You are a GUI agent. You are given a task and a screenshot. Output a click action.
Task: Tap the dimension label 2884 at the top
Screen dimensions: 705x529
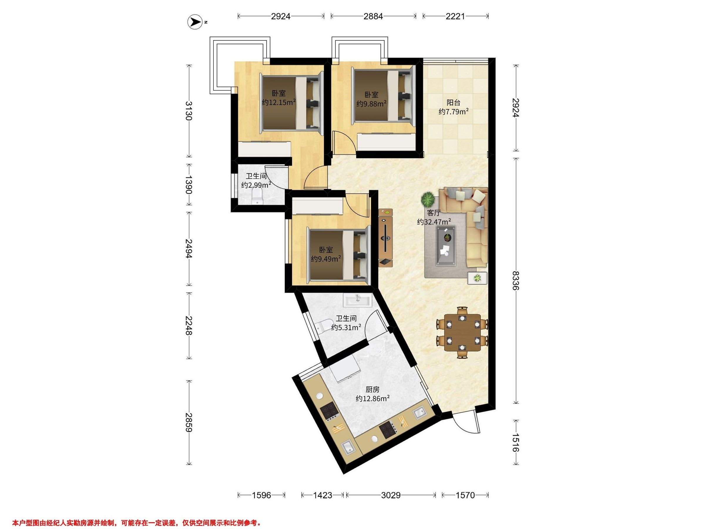[373, 16]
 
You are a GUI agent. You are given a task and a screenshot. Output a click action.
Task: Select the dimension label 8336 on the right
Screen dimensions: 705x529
[516, 281]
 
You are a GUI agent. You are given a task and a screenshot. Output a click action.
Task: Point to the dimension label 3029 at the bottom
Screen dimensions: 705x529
[391, 495]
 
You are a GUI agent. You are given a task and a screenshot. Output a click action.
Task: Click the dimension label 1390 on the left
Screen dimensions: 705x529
[189, 185]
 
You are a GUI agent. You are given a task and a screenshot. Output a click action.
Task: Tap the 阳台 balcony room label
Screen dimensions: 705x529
[454, 103]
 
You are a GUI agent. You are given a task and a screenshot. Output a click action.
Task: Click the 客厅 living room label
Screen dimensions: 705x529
[434, 213]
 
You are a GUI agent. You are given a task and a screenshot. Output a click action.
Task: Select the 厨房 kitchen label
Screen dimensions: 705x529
[372, 389]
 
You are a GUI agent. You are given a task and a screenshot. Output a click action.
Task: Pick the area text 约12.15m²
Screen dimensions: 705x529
[279, 102]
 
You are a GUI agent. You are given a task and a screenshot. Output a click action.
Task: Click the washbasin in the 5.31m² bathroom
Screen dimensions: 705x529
[357, 300]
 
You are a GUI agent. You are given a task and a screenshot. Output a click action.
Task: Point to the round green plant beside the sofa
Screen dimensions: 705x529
[427, 200]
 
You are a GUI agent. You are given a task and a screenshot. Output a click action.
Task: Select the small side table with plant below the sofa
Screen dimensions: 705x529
[477, 278]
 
